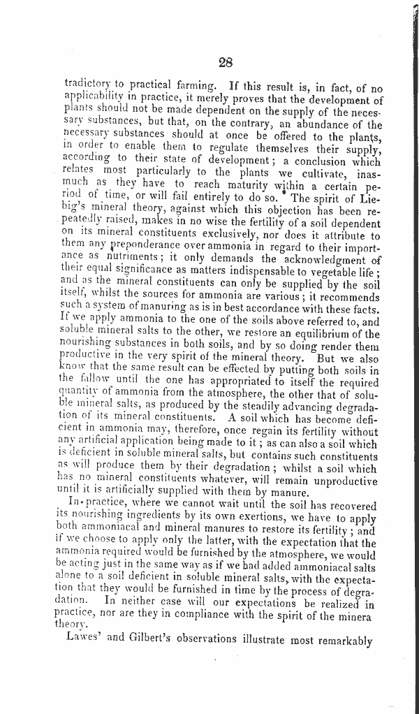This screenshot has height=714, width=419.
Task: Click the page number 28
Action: coord(225,62)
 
